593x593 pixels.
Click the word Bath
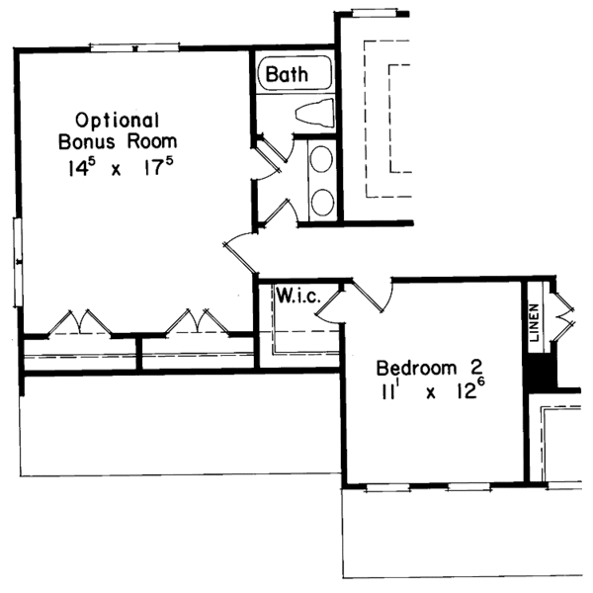[x=287, y=73]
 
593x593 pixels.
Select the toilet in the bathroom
[x=312, y=114]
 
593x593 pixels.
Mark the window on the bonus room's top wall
[x=133, y=45]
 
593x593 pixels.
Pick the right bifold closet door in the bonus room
[x=192, y=323]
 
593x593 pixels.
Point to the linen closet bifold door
[x=564, y=310]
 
